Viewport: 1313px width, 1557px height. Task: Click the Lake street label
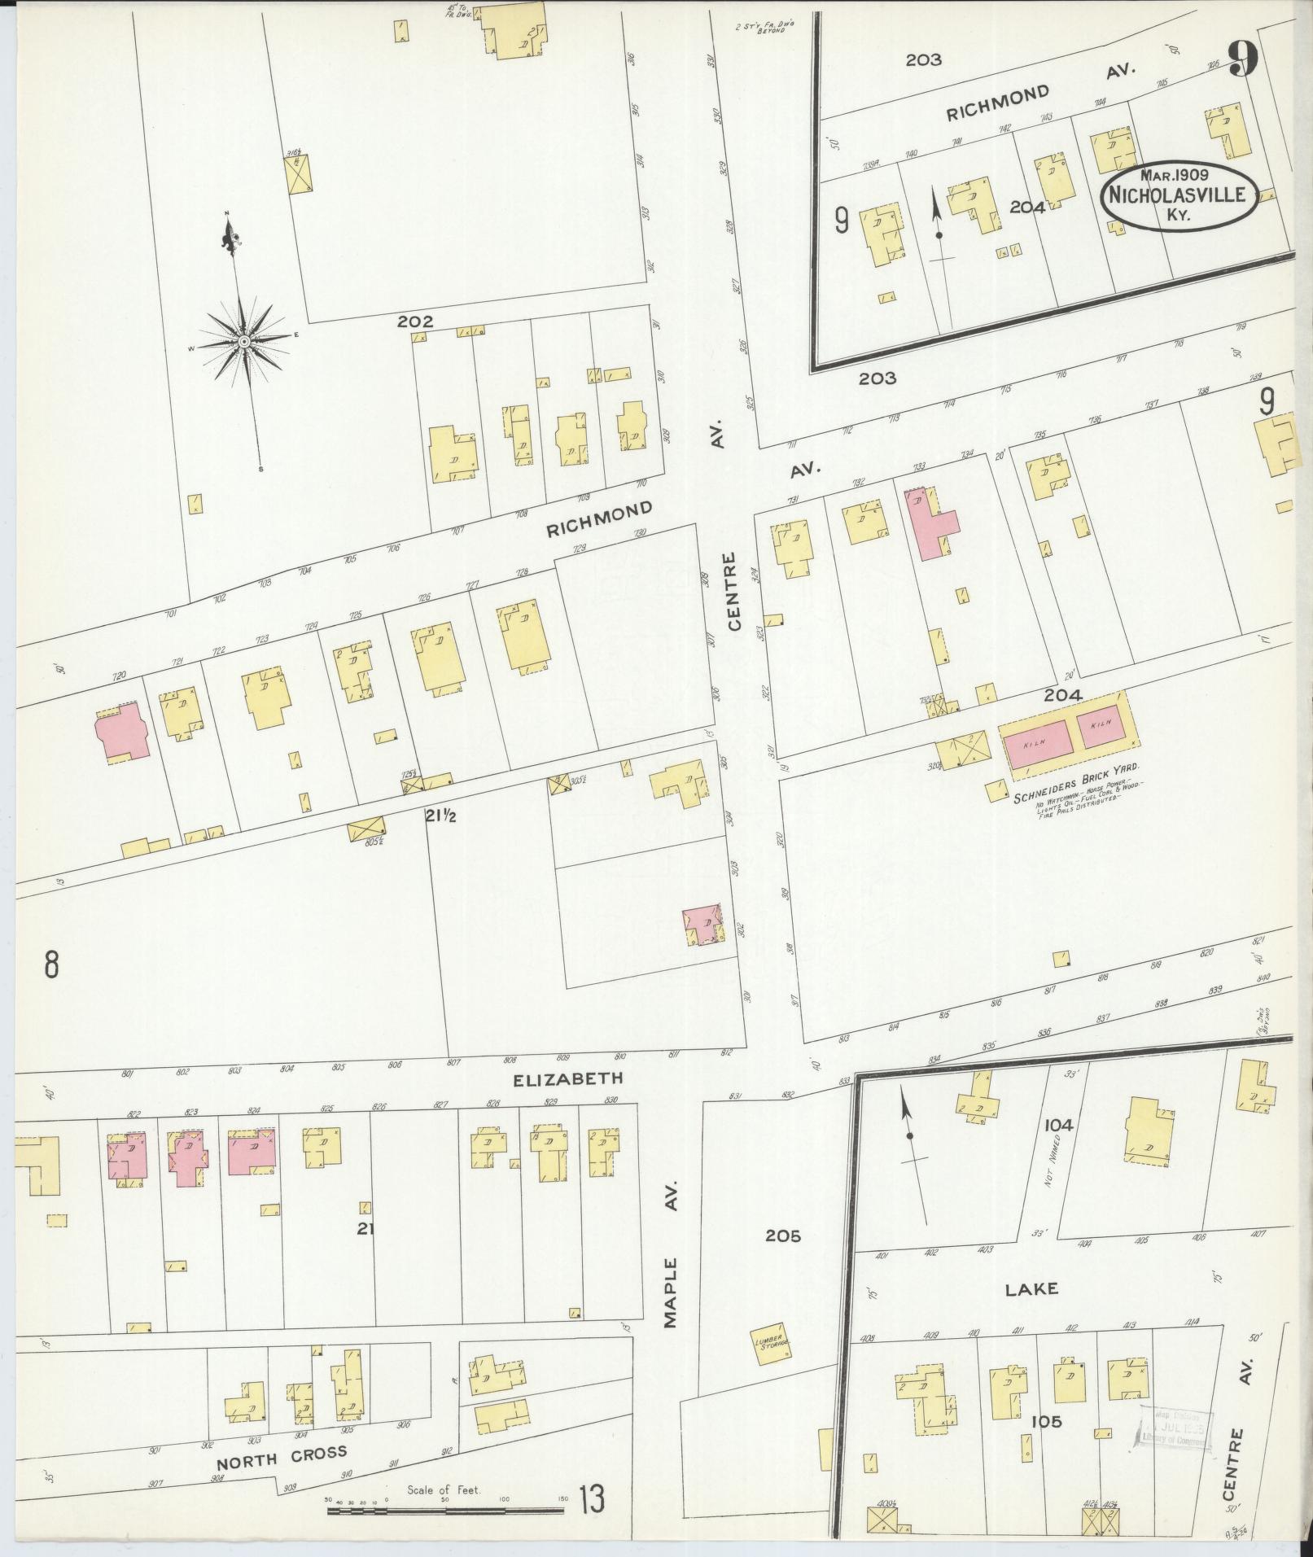tap(1031, 1289)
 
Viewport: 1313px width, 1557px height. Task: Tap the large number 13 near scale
tap(592, 1500)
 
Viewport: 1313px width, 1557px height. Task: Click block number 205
tap(782, 1258)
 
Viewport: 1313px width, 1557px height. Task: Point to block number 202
tap(414, 322)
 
